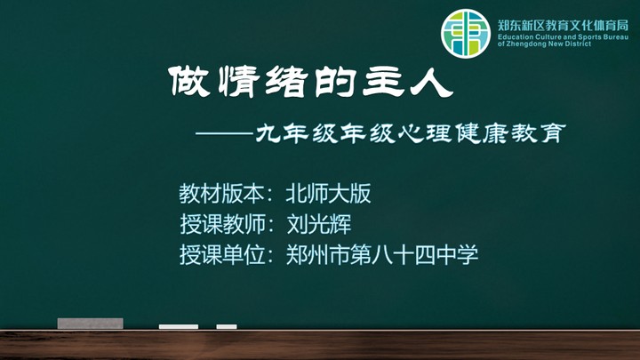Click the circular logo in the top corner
465,34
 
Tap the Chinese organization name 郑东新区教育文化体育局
563,25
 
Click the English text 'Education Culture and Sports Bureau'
563,37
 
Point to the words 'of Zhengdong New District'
544,44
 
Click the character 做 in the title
189,82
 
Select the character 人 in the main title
432,82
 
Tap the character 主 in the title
383,82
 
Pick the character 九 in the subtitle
268,133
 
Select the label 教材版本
220,194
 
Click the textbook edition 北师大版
328,194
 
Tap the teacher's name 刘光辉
319,224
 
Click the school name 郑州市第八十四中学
381,255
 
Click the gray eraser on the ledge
90,324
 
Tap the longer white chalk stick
179,326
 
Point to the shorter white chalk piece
227,326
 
